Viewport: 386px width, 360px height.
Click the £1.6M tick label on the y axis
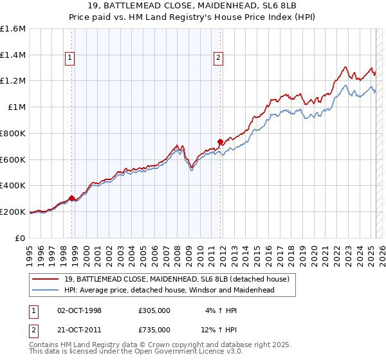point(13,29)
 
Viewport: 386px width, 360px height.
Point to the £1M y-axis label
point(17,107)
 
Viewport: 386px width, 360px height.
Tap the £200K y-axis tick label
point(13,212)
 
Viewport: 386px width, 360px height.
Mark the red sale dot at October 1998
point(72,198)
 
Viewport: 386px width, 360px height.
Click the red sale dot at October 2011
point(221,141)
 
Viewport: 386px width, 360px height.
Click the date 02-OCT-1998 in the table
point(80,310)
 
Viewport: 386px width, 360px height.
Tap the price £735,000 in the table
point(154,330)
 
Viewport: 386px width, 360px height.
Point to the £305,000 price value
point(154,310)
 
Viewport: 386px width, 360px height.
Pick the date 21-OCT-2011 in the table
point(80,330)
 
